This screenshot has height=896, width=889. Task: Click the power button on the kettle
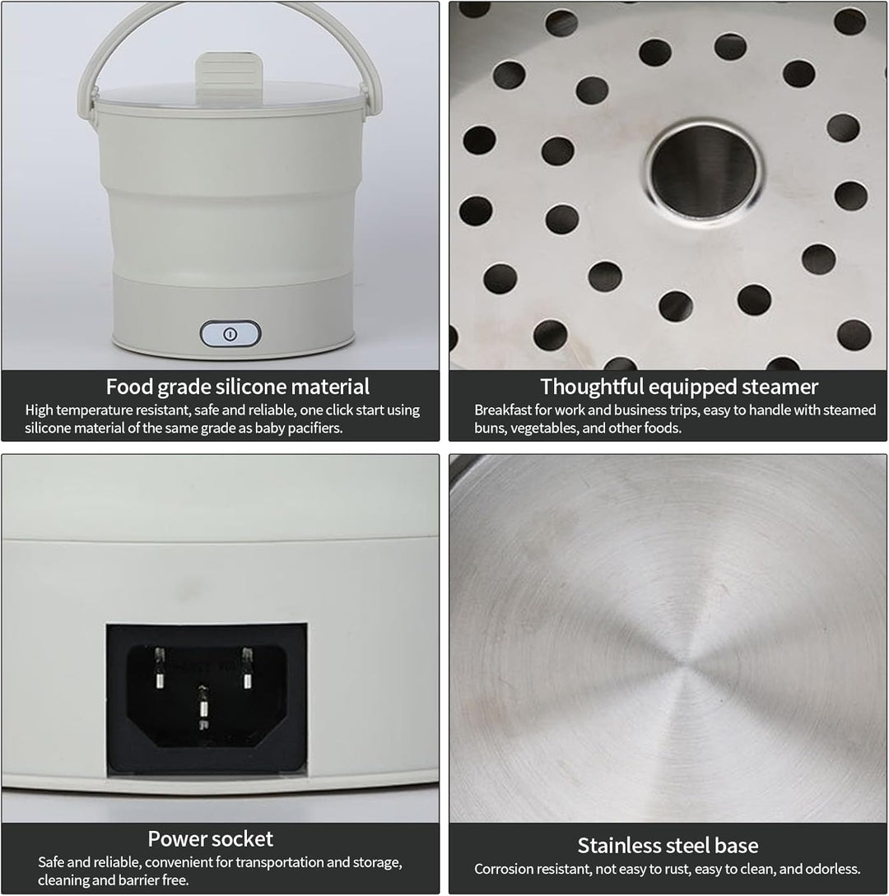[230, 334]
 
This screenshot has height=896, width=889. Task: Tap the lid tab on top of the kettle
[230, 76]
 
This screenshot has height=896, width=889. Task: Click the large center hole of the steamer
[704, 169]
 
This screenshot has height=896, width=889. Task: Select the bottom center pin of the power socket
[203, 707]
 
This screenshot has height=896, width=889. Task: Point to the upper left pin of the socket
[160, 666]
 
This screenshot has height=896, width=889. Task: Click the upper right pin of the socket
[247, 666]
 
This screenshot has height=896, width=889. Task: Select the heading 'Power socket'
[211, 839]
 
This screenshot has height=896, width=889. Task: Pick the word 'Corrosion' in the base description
[503, 869]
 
